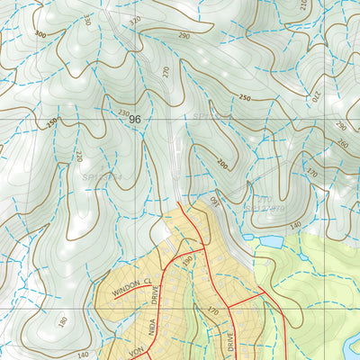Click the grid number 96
click(135, 119)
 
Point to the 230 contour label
click(122, 112)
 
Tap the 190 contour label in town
click(188, 260)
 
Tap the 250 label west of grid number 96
click(52, 121)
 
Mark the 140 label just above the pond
click(293, 225)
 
